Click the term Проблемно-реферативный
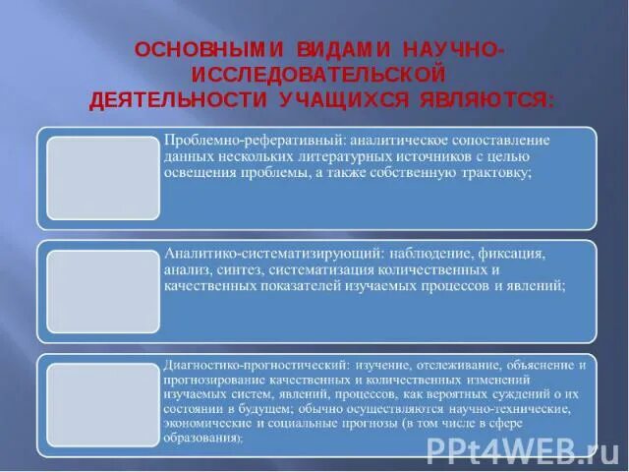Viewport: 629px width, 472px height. pyautogui.click(x=248, y=140)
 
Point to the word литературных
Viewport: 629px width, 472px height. pyautogui.click(x=369, y=155)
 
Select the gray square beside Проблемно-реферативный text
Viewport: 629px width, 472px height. pyautogui.click(x=103, y=178)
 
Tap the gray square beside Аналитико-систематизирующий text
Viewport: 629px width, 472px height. pyautogui.click(x=103, y=291)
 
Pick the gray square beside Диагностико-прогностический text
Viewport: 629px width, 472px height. pyautogui.click(x=103, y=403)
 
